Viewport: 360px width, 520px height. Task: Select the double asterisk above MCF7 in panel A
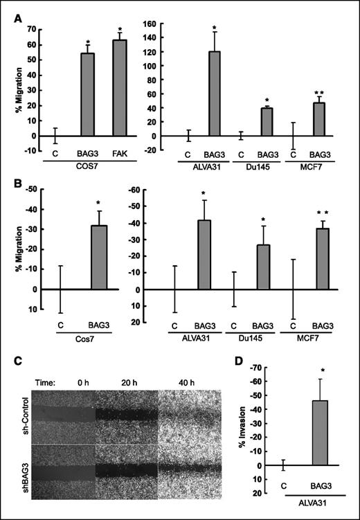point(319,92)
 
